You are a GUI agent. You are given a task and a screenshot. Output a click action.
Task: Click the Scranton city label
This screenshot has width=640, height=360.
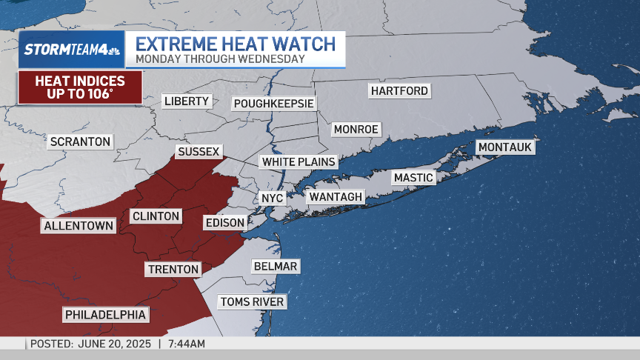[80, 141]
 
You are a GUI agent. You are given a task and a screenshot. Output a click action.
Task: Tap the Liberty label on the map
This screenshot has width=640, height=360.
[187, 101]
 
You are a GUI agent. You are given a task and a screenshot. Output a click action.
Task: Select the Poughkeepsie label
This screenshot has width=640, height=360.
[274, 104]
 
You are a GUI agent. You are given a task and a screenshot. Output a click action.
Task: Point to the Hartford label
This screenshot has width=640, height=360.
[400, 91]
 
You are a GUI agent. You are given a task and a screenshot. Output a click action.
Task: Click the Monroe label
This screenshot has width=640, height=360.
[356, 130]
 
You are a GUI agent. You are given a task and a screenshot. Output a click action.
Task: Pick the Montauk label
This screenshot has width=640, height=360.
[505, 147]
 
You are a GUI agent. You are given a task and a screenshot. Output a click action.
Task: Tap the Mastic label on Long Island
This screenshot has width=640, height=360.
[413, 178]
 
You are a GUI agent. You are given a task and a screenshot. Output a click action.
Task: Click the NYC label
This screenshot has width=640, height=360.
[268, 199]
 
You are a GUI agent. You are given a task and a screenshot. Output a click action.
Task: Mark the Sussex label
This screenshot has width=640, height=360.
[199, 152]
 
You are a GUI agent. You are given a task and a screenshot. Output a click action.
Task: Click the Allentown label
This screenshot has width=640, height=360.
[79, 226]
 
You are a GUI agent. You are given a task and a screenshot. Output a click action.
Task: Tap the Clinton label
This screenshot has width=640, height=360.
[156, 216]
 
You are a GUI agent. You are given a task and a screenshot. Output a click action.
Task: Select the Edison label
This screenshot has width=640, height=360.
[224, 223]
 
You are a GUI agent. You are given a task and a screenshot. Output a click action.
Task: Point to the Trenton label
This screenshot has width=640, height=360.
[173, 270]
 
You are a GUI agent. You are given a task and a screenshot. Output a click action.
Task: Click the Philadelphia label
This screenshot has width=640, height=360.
[105, 315]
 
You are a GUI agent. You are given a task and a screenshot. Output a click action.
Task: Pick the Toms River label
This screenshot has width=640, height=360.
[251, 301]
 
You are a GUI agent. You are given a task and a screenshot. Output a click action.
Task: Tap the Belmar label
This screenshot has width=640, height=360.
[275, 267]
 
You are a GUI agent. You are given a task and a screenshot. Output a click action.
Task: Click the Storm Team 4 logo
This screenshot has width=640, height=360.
[71, 50]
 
